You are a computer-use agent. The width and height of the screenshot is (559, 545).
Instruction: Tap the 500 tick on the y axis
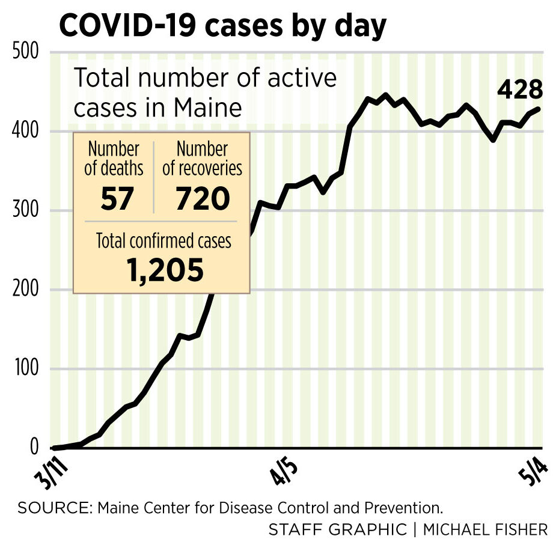(26, 53)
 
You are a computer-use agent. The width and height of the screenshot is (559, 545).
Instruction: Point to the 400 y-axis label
(26, 132)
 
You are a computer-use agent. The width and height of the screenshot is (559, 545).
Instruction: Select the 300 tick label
(26, 211)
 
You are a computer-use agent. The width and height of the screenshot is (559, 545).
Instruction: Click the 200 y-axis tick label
(26, 290)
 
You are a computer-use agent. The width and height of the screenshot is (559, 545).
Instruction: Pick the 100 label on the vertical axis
(26, 369)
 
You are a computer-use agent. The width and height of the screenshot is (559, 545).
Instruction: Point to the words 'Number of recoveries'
(203, 159)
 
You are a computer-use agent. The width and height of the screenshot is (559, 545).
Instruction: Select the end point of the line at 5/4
(539, 109)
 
